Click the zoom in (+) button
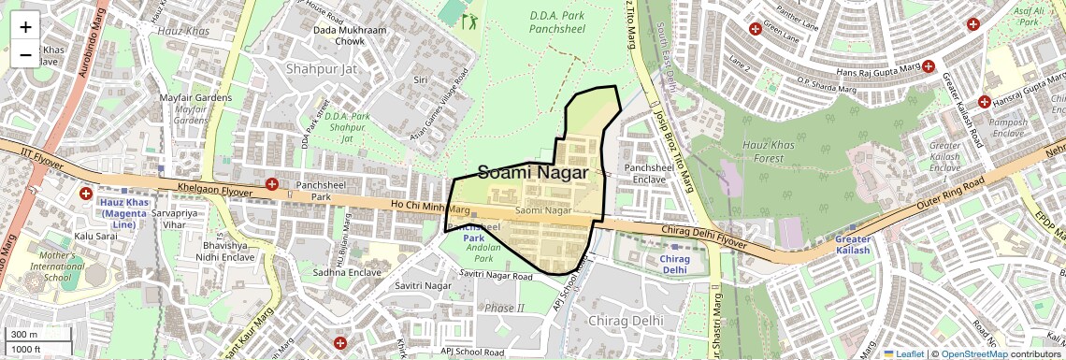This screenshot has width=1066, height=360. click(x=25, y=26)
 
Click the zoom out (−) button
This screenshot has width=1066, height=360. click(x=25, y=54)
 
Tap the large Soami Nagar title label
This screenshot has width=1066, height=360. click(x=533, y=173)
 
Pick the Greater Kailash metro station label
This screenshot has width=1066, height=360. click(x=852, y=245)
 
